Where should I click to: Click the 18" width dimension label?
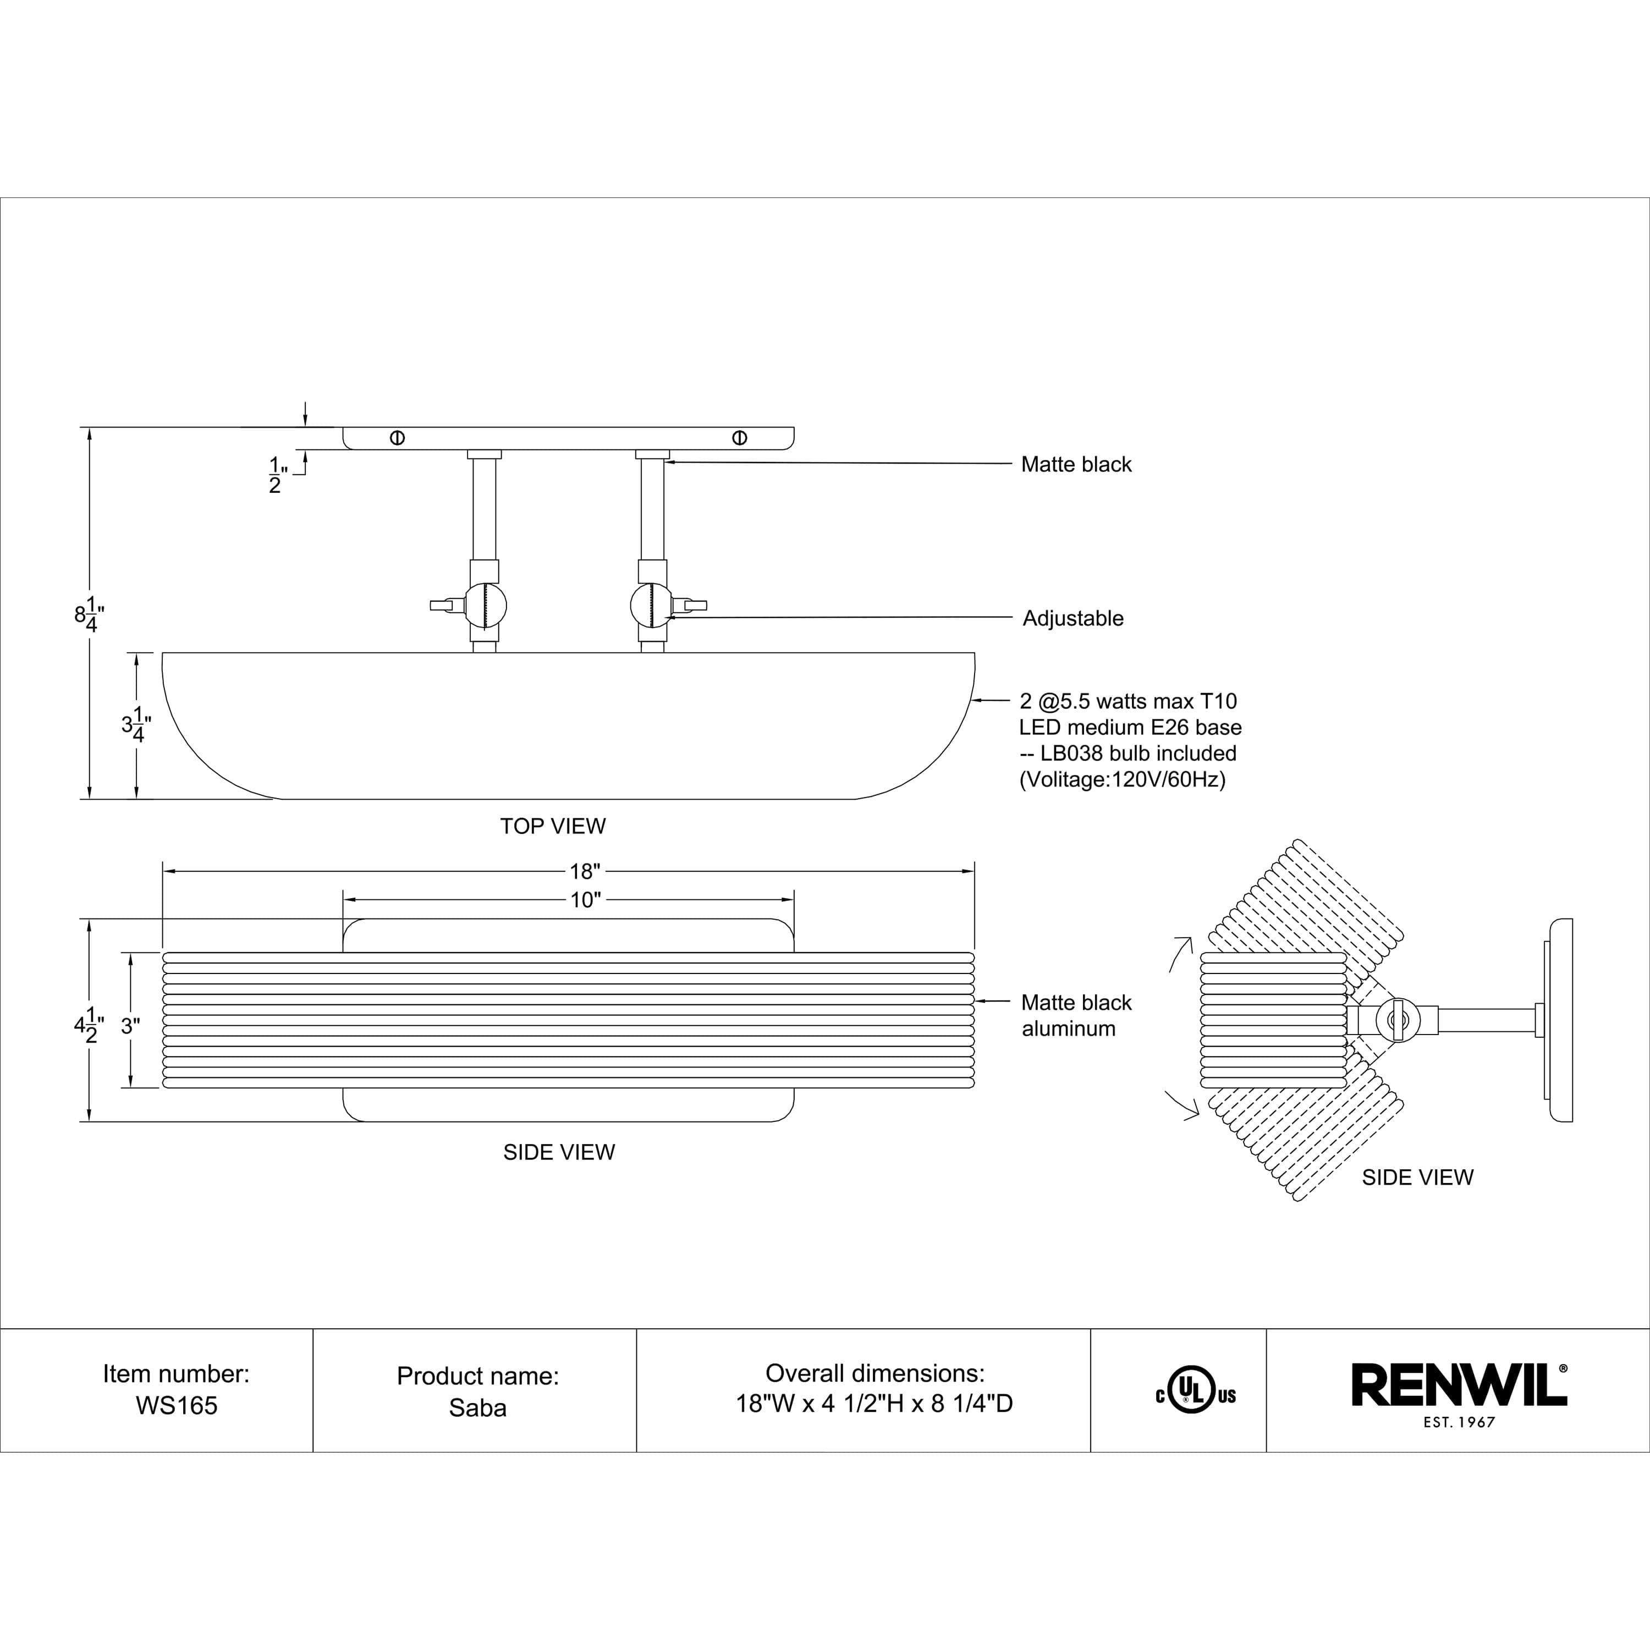[x=585, y=871]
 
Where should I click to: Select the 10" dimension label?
[x=585, y=900]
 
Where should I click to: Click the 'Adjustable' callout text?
[x=1072, y=618]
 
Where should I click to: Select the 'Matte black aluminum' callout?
[x=1076, y=1015]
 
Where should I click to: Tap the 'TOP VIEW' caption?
[x=553, y=826]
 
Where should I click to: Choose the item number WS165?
[x=177, y=1406]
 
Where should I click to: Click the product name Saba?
[x=477, y=1407]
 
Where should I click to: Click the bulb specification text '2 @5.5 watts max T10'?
[x=1128, y=701]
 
